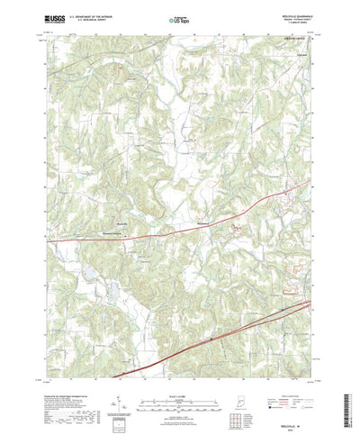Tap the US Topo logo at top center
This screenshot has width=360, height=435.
coord(180,17)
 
